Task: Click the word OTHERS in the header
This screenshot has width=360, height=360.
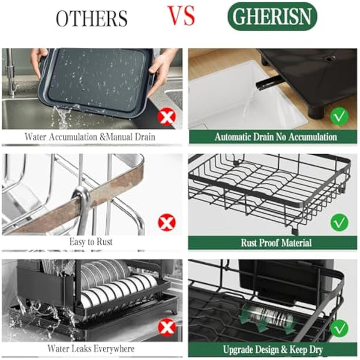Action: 92,19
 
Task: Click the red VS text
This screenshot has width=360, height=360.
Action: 181,16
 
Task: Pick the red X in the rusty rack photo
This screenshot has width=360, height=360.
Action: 166,223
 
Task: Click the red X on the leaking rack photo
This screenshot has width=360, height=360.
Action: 166,327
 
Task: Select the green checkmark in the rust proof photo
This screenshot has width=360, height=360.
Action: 340,223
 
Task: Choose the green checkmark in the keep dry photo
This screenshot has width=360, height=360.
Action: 340,328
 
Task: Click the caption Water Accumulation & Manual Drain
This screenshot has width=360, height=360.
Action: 90,137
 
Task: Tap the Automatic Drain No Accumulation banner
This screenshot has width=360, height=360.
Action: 275,137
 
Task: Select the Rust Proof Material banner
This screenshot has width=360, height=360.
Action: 275,242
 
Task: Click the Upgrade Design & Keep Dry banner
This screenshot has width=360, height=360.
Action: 275,349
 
